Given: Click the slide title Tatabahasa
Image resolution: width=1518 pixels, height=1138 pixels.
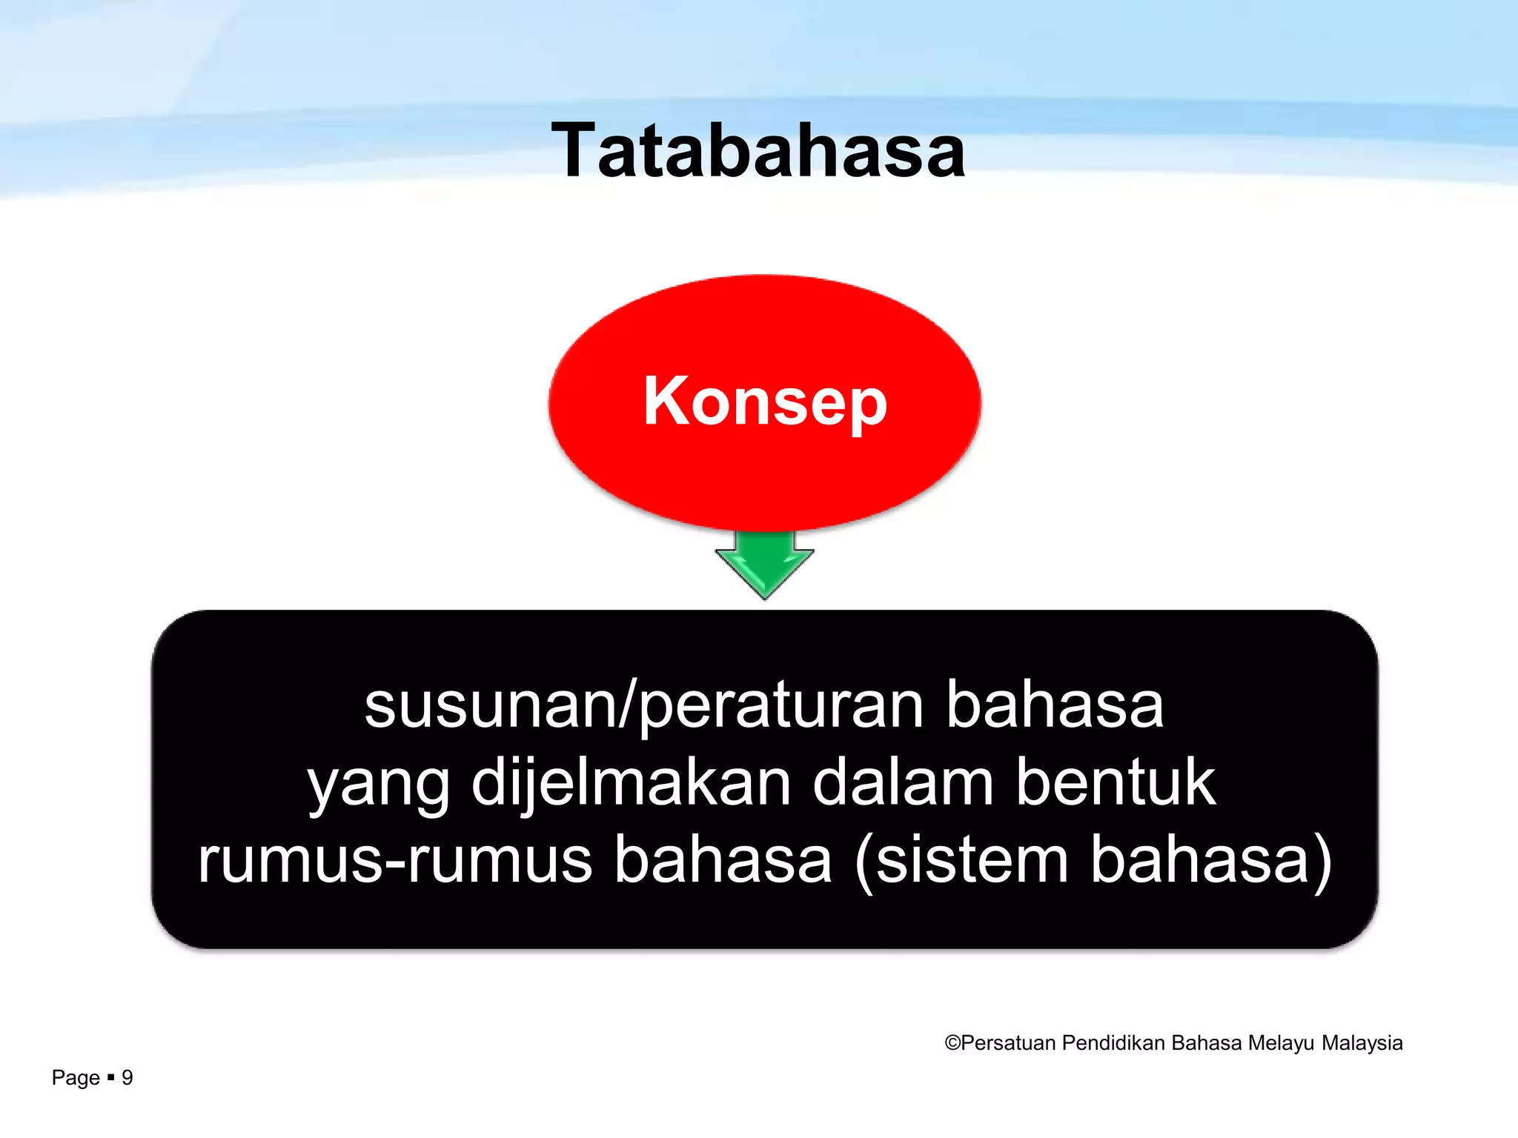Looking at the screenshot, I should tap(758, 151).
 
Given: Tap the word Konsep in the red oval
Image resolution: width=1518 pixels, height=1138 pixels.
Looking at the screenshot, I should tap(765, 401).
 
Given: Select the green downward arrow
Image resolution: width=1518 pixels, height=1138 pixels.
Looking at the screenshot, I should tap(764, 565).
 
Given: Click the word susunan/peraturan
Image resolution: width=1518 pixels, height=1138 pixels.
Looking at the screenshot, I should tap(644, 705).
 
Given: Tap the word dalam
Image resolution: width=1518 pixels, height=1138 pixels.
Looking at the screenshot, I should tap(903, 784).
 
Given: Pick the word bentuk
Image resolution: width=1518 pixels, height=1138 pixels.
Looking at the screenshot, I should tap(1116, 784).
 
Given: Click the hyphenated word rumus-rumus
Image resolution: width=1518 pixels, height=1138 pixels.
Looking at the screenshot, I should tap(395, 861).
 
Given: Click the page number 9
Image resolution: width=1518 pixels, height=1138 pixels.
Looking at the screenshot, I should tap(127, 1077).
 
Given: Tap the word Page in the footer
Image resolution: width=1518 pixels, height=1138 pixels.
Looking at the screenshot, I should tap(76, 1078).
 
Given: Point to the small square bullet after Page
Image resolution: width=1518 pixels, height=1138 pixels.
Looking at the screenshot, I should tap(111, 1077).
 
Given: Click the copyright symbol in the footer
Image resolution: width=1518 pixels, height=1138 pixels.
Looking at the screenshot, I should tap(952, 1043).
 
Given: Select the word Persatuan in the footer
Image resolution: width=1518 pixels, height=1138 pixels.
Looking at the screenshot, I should tap(1008, 1043).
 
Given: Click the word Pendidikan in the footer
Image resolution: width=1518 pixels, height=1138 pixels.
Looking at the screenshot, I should tap(1114, 1043).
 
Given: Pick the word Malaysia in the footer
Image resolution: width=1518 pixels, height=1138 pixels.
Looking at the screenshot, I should tap(1362, 1043).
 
